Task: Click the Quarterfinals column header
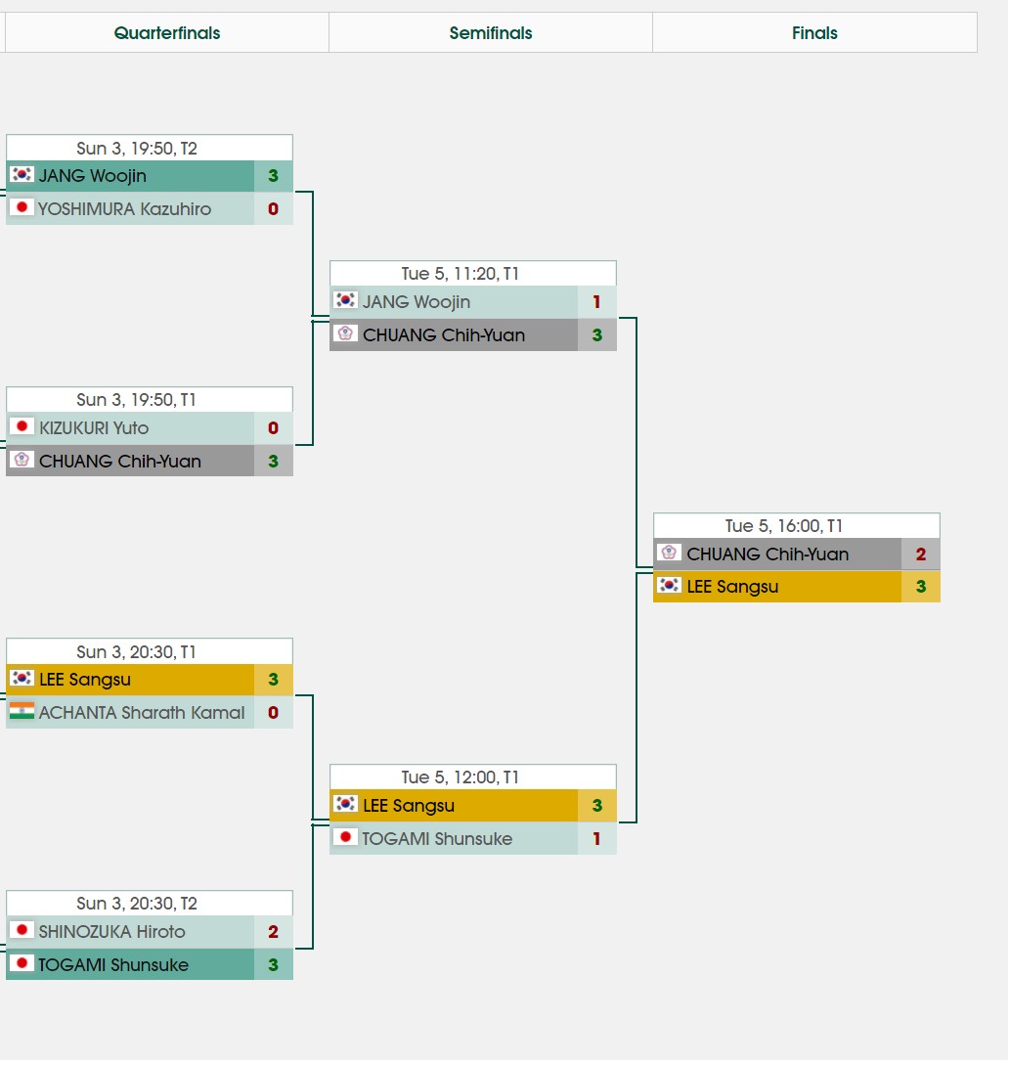pos(167,33)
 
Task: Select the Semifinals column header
pos(491,33)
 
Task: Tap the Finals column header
pos(814,33)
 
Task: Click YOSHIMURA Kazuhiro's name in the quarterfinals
pos(124,208)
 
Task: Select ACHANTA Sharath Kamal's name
pos(142,712)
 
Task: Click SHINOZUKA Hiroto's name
pos(111,931)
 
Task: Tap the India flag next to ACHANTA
pos(22,711)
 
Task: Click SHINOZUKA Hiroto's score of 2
pos(273,932)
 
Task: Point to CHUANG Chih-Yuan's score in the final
pos(920,555)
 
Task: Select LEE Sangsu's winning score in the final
pos(920,587)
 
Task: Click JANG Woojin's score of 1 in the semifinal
pos(596,302)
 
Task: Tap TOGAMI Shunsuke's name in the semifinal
pos(437,838)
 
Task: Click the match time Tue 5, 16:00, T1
pos(797,526)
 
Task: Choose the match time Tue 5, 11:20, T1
pos(473,274)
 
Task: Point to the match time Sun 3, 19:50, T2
pos(150,149)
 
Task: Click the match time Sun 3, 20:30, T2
pos(150,904)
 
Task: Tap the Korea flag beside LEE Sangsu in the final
pos(669,586)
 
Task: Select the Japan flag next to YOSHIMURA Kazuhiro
pos(22,207)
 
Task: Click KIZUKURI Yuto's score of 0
pos(273,427)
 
